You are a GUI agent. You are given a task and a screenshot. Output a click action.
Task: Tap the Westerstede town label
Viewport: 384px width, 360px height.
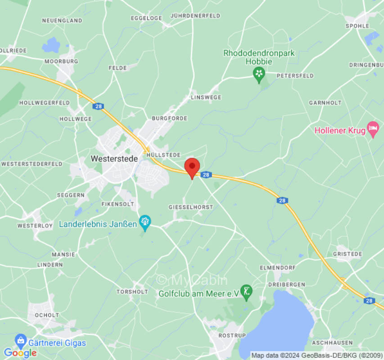pyautogui.click(x=114, y=158)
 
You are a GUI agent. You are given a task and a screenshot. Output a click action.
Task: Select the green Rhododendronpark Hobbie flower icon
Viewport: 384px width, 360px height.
pyautogui.click(x=259, y=74)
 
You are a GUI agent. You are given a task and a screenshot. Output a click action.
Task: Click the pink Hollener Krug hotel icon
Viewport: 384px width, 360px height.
pyautogui.click(x=373, y=130)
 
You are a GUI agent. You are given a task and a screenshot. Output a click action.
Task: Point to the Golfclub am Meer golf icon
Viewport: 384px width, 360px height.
pyautogui.click(x=246, y=292)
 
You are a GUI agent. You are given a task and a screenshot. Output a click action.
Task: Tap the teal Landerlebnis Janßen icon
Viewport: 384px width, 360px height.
pyautogui.click(x=145, y=222)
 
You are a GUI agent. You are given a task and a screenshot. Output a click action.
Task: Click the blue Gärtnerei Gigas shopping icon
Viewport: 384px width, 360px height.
pyautogui.click(x=21, y=341)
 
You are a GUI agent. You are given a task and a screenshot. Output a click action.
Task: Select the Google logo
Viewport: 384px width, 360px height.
pyautogui.click(x=20, y=353)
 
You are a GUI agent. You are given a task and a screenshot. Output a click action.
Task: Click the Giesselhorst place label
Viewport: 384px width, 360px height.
pyautogui.click(x=190, y=207)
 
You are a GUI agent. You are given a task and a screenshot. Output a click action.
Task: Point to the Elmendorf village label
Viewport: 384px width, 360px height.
pyautogui.click(x=278, y=267)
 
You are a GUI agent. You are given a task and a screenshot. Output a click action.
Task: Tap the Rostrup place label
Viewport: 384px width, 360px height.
pyautogui.click(x=232, y=336)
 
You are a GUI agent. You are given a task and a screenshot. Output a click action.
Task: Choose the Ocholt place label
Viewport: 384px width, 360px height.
pyautogui.click(x=46, y=315)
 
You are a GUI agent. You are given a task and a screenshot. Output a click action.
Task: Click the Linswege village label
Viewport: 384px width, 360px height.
pyautogui.click(x=206, y=97)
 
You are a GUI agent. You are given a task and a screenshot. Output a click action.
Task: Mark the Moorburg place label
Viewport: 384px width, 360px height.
pyautogui.click(x=61, y=61)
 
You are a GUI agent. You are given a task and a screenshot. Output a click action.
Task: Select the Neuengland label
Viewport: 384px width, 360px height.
pyautogui.click(x=62, y=21)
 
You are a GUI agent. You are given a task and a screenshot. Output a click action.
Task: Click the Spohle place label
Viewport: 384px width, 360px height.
pyautogui.click(x=357, y=26)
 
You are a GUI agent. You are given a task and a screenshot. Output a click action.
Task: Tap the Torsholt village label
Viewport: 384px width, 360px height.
pyautogui.click(x=132, y=292)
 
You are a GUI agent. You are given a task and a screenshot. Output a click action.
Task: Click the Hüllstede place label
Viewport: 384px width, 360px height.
pyautogui.click(x=163, y=154)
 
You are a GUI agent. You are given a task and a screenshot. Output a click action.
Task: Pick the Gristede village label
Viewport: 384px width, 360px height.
pyautogui.click(x=347, y=254)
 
